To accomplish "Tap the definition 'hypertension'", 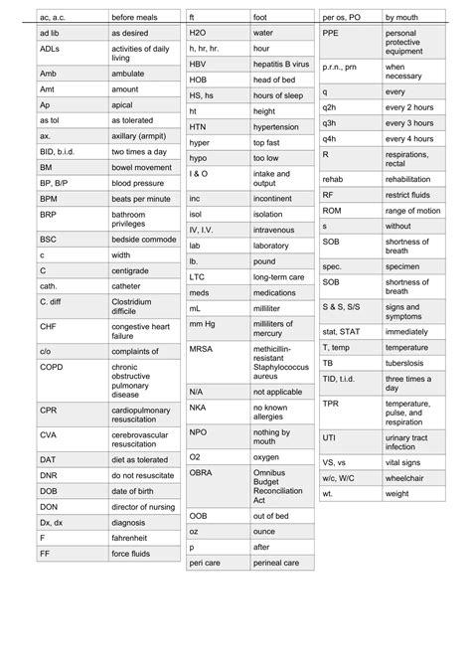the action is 276,127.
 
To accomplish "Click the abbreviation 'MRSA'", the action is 202,350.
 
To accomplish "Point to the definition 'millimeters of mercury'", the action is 274,329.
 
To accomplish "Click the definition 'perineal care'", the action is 276,564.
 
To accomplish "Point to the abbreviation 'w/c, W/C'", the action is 343,478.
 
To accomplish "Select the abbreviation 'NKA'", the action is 199,408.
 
